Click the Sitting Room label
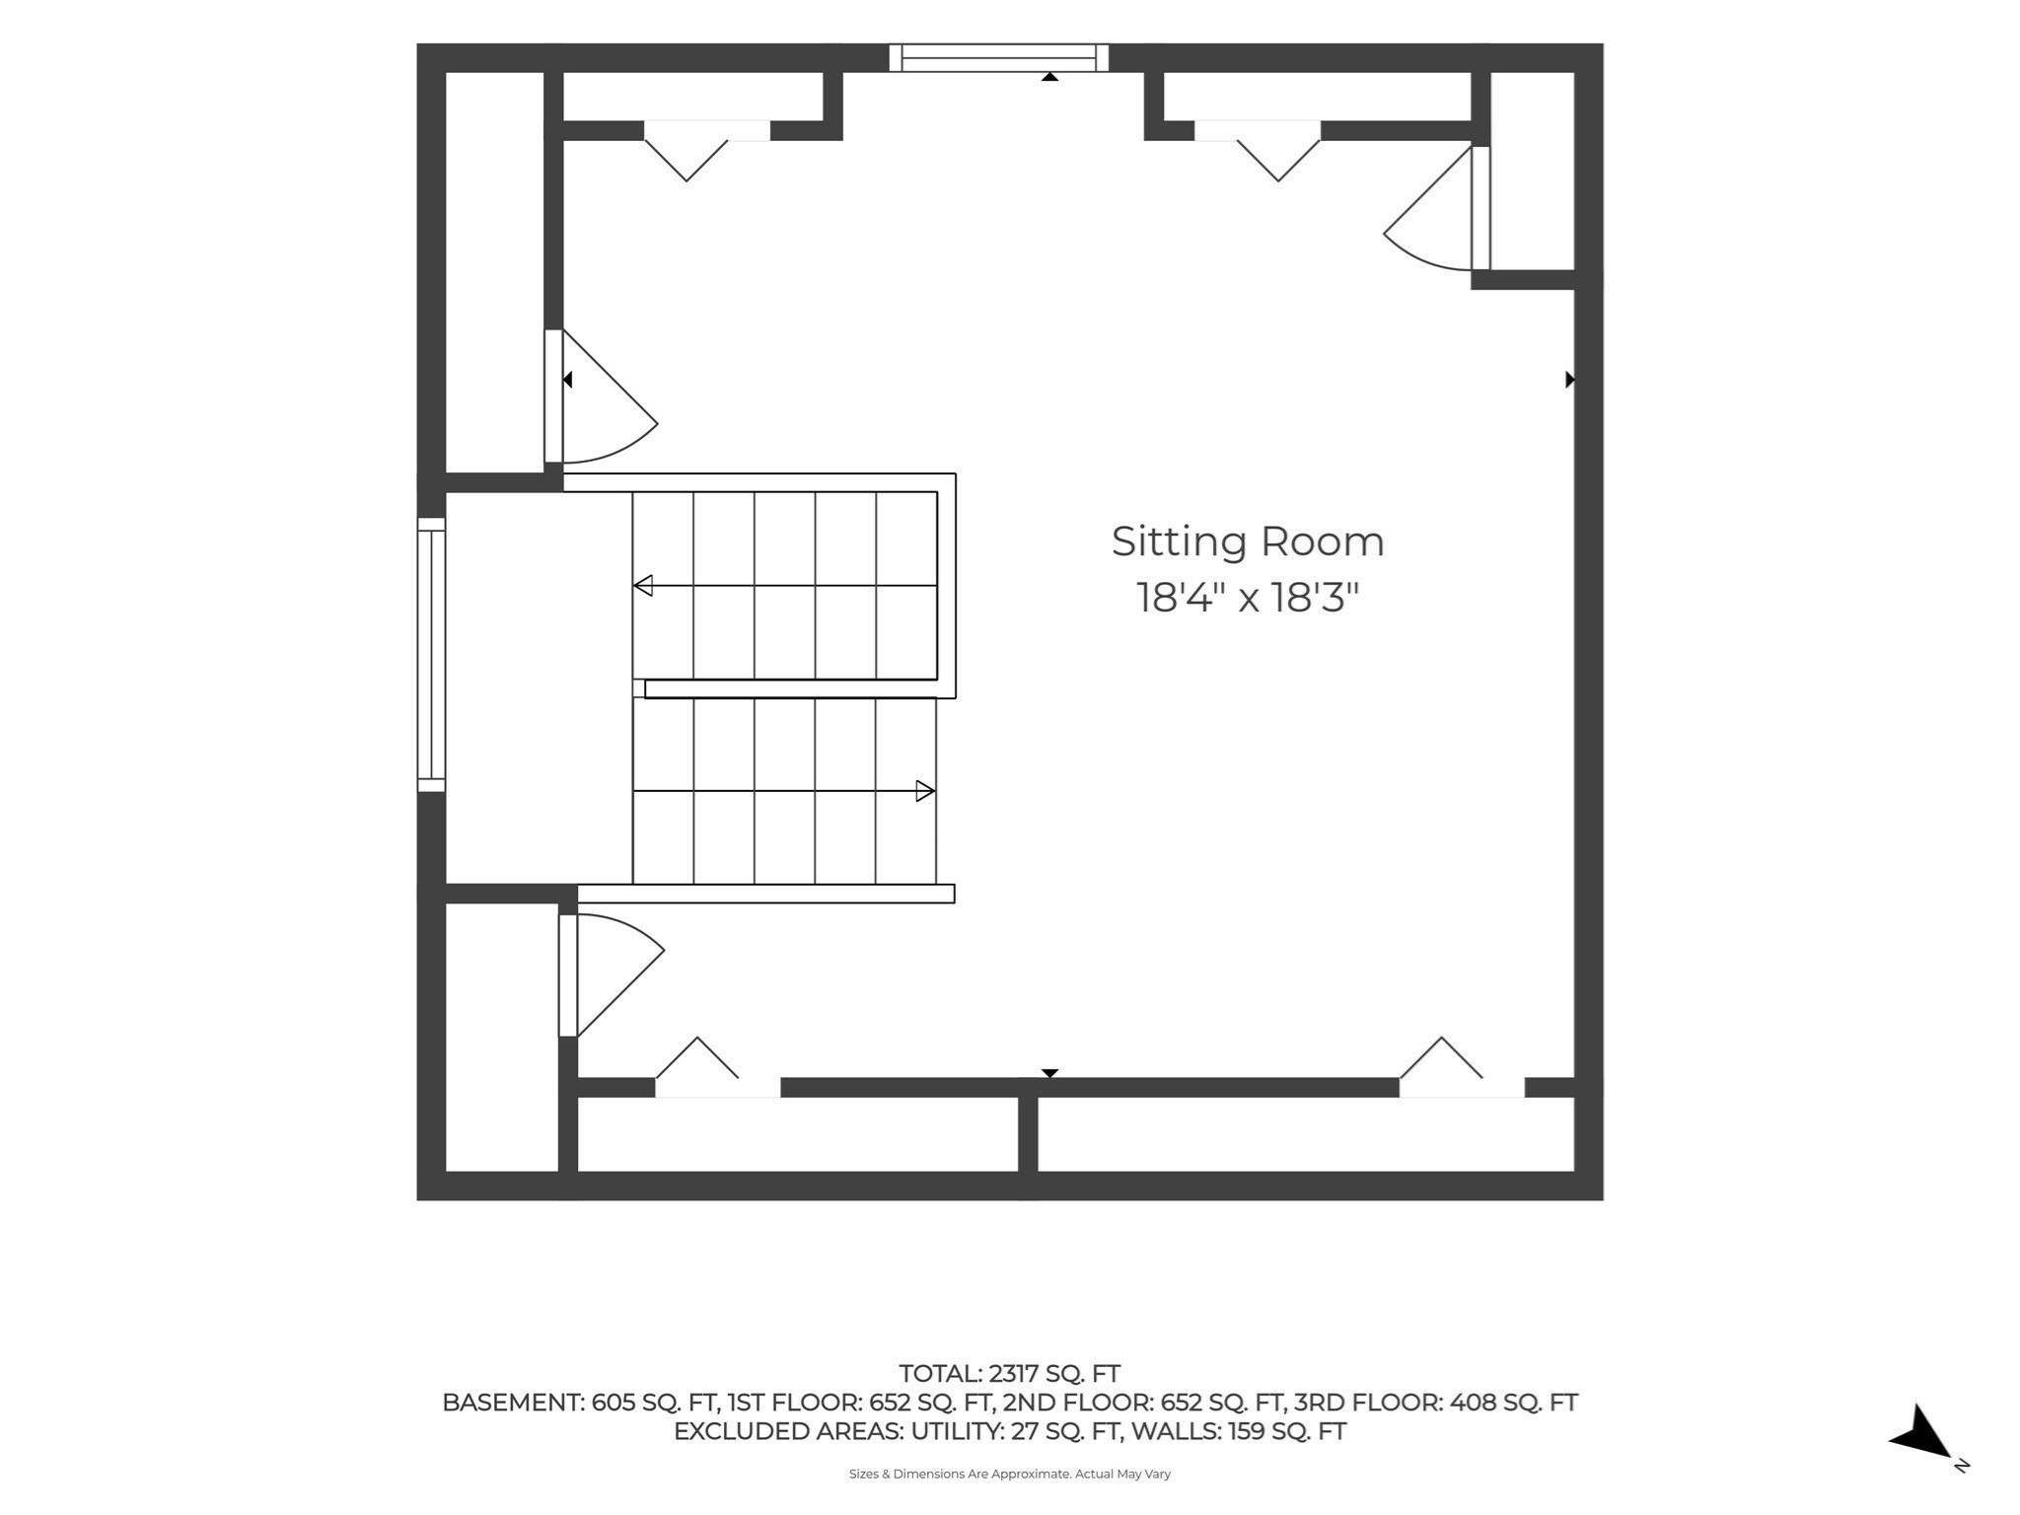(x=1248, y=541)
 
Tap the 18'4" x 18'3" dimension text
(x=1248, y=598)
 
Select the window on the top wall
(x=998, y=57)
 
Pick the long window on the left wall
(x=431, y=654)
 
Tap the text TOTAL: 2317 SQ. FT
(x=1009, y=1373)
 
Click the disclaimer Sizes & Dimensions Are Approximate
(x=960, y=1474)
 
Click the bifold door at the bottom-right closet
(x=1462, y=1066)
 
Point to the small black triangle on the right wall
(x=1570, y=379)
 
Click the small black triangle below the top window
(x=1050, y=77)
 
